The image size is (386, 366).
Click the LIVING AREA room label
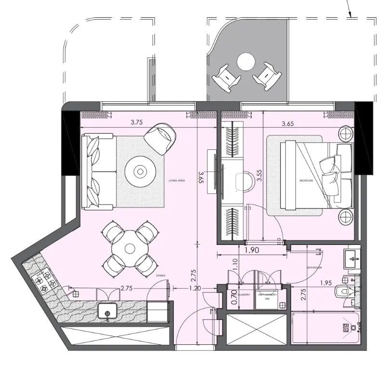click(x=177, y=181)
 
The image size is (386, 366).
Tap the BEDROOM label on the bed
click(x=306, y=180)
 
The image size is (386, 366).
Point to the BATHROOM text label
click(x=314, y=267)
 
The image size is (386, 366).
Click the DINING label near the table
click(x=161, y=276)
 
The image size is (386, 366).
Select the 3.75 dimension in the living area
click(x=137, y=122)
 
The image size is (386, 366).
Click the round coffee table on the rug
click(x=140, y=171)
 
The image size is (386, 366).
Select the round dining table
click(x=129, y=248)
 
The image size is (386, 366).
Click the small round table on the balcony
click(x=246, y=61)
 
